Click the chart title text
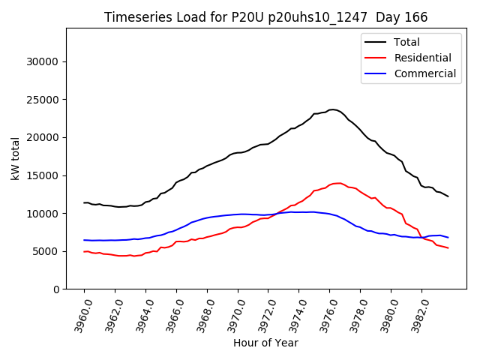tap(265, 17)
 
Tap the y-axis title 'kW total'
tap(16, 159)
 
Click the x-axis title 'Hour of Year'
tap(265, 343)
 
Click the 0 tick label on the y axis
tap(55, 289)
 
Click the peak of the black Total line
tap(333, 109)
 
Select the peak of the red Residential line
tap(339, 183)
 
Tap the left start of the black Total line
tap(84, 202)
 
